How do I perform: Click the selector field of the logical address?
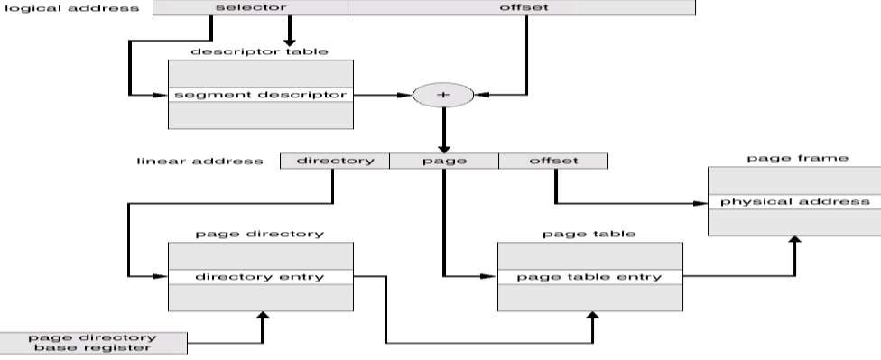pyautogui.click(x=250, y=8)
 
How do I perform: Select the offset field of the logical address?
pyautogui.click(x=521, y=8)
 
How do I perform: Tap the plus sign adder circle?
pyautogui.click(x=443, y=94)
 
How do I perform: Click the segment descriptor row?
pyautogui.click(x=261, y=94)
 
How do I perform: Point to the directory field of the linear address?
pyautogui.click(x=334, y=161)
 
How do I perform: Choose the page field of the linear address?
pyautogui.click(x=443, y=161)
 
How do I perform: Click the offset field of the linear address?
pyautogui.click(x=552, y=161)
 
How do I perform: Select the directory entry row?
pyautogui.click(x=261, y=276)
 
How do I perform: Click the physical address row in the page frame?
pyautogui.click(x=794, y=202)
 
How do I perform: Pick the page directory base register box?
pyautogui.click(x=93, y=343)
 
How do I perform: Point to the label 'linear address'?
pyautogui.click(x=199, y=162)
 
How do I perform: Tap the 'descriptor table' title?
pyautogui.click(x=261, y=51)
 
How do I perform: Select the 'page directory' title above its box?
pyautogui.click(x=260, y=234)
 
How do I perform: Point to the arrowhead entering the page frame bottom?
pyautogui.click(x=794, y=242)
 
